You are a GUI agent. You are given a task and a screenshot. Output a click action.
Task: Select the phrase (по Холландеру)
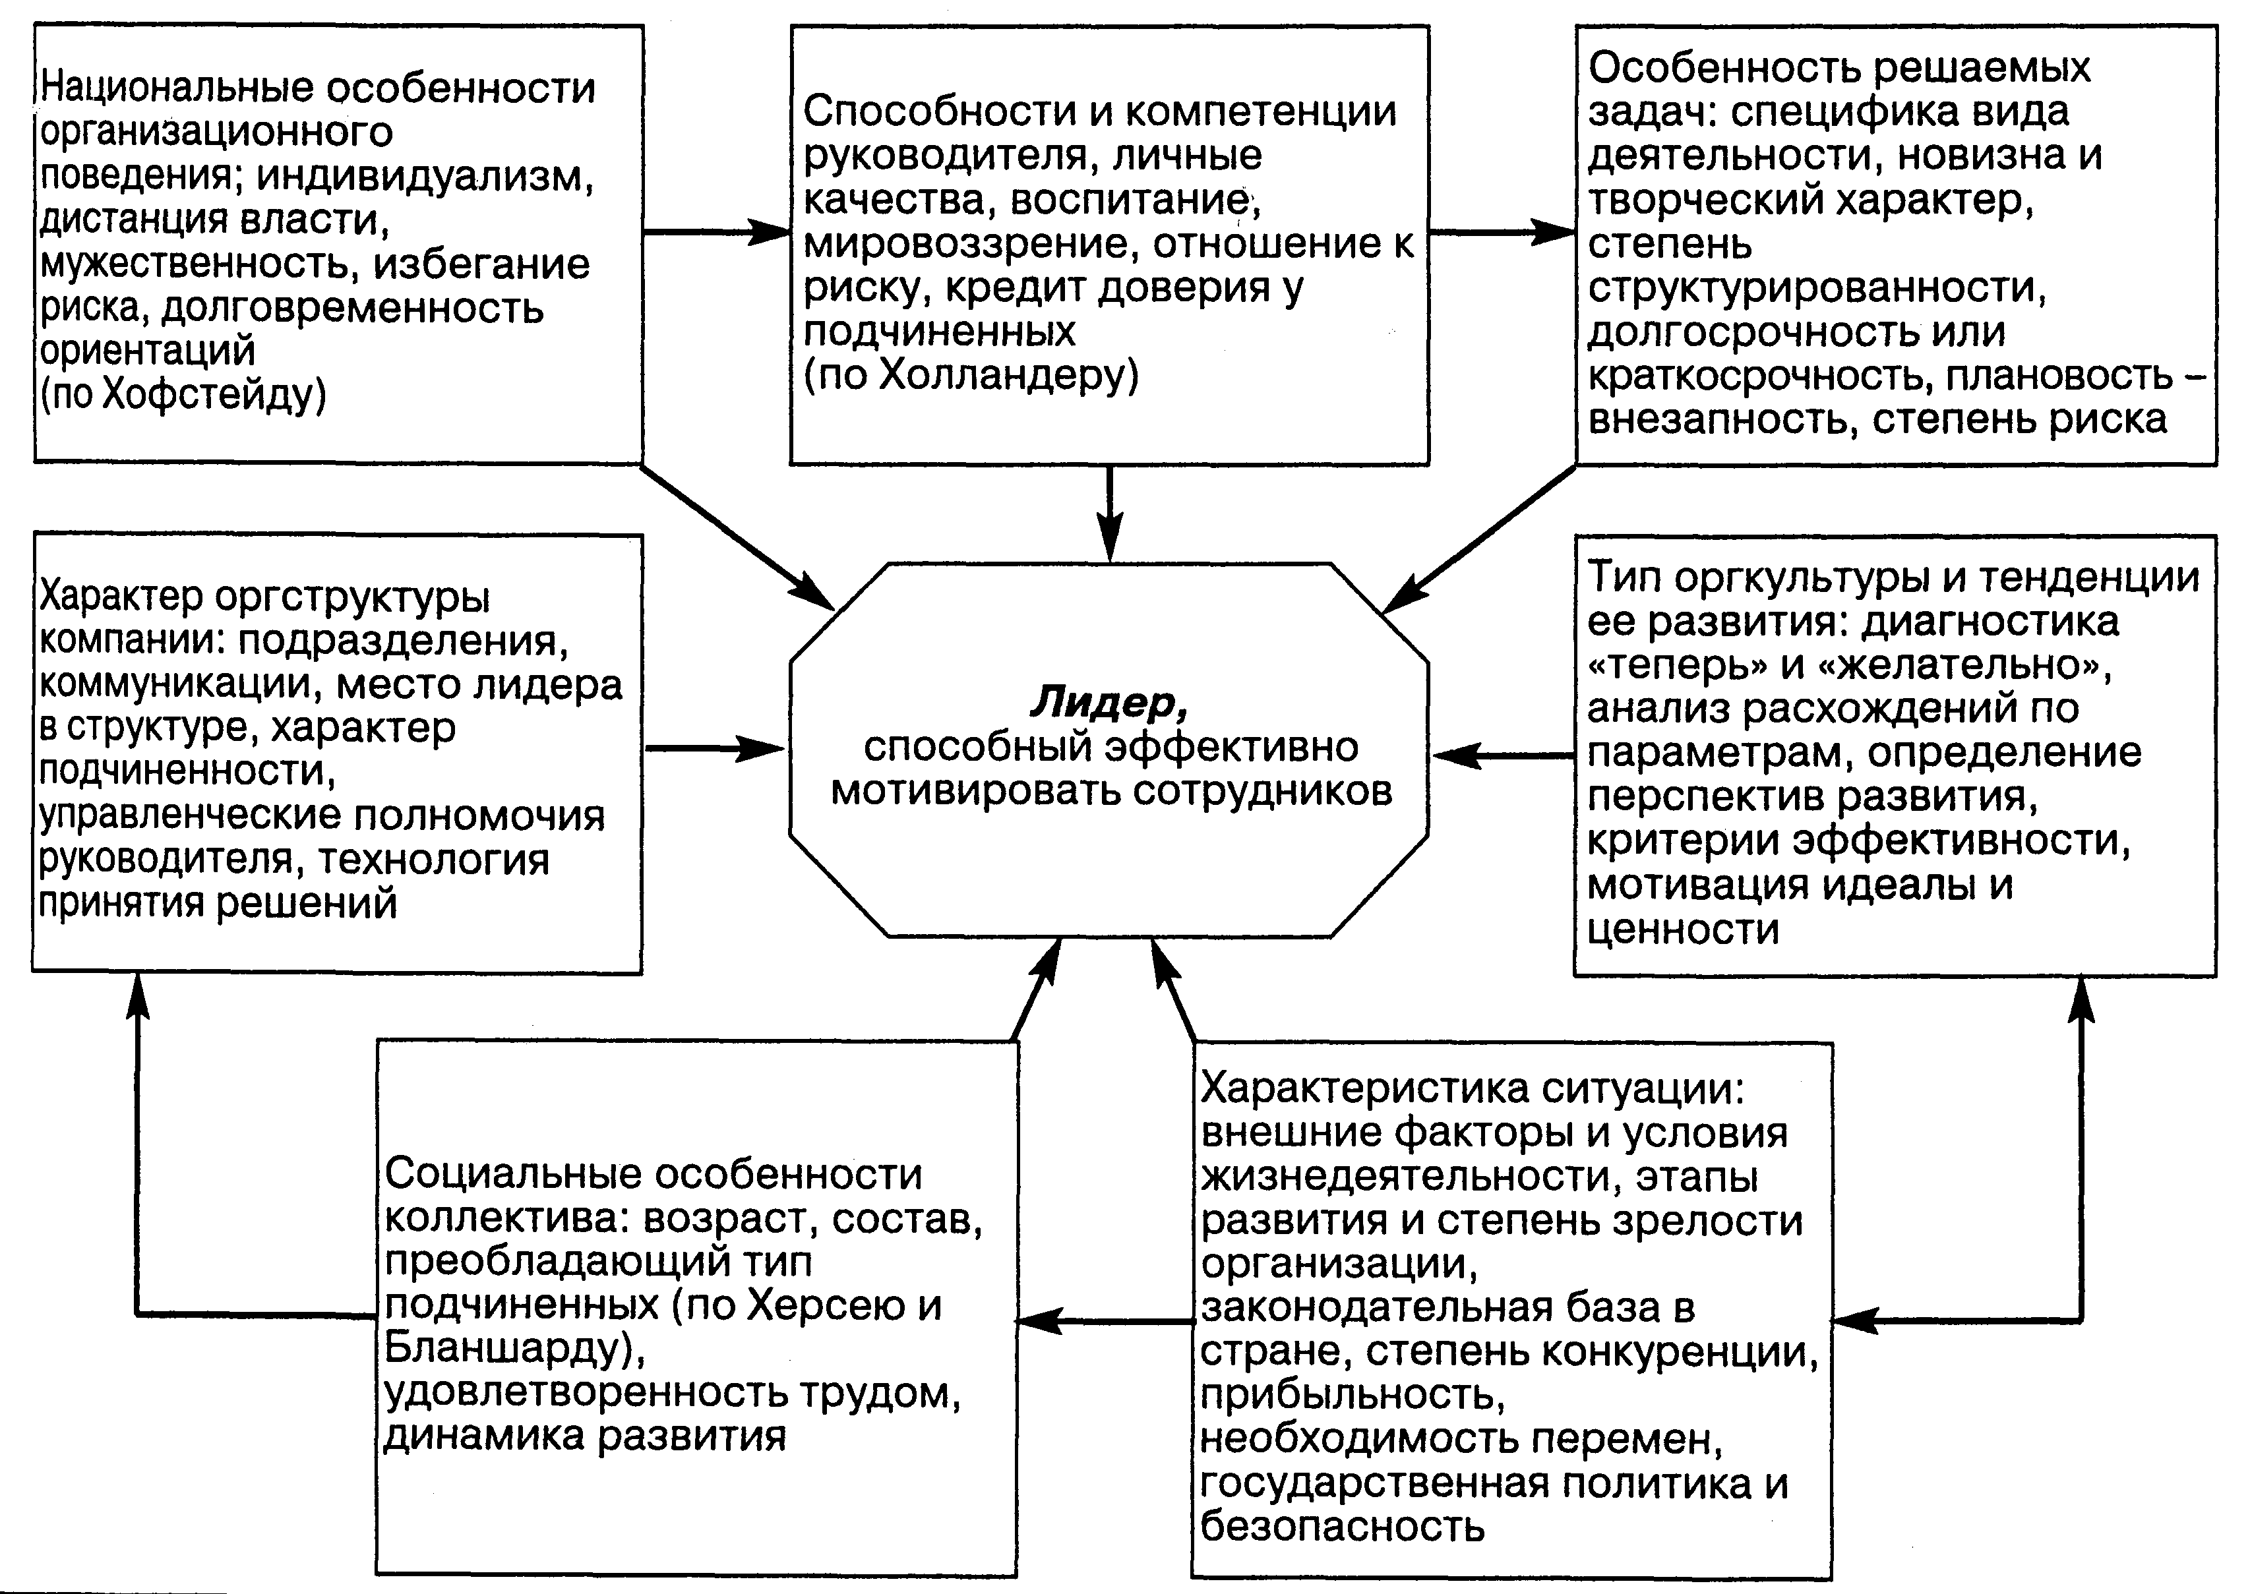[x=971, y=375]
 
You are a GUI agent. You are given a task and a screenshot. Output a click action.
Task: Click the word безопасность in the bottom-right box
[x=1342, y=1526]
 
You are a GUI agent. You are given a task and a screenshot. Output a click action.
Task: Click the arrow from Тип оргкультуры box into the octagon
[x=1502, y=755]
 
